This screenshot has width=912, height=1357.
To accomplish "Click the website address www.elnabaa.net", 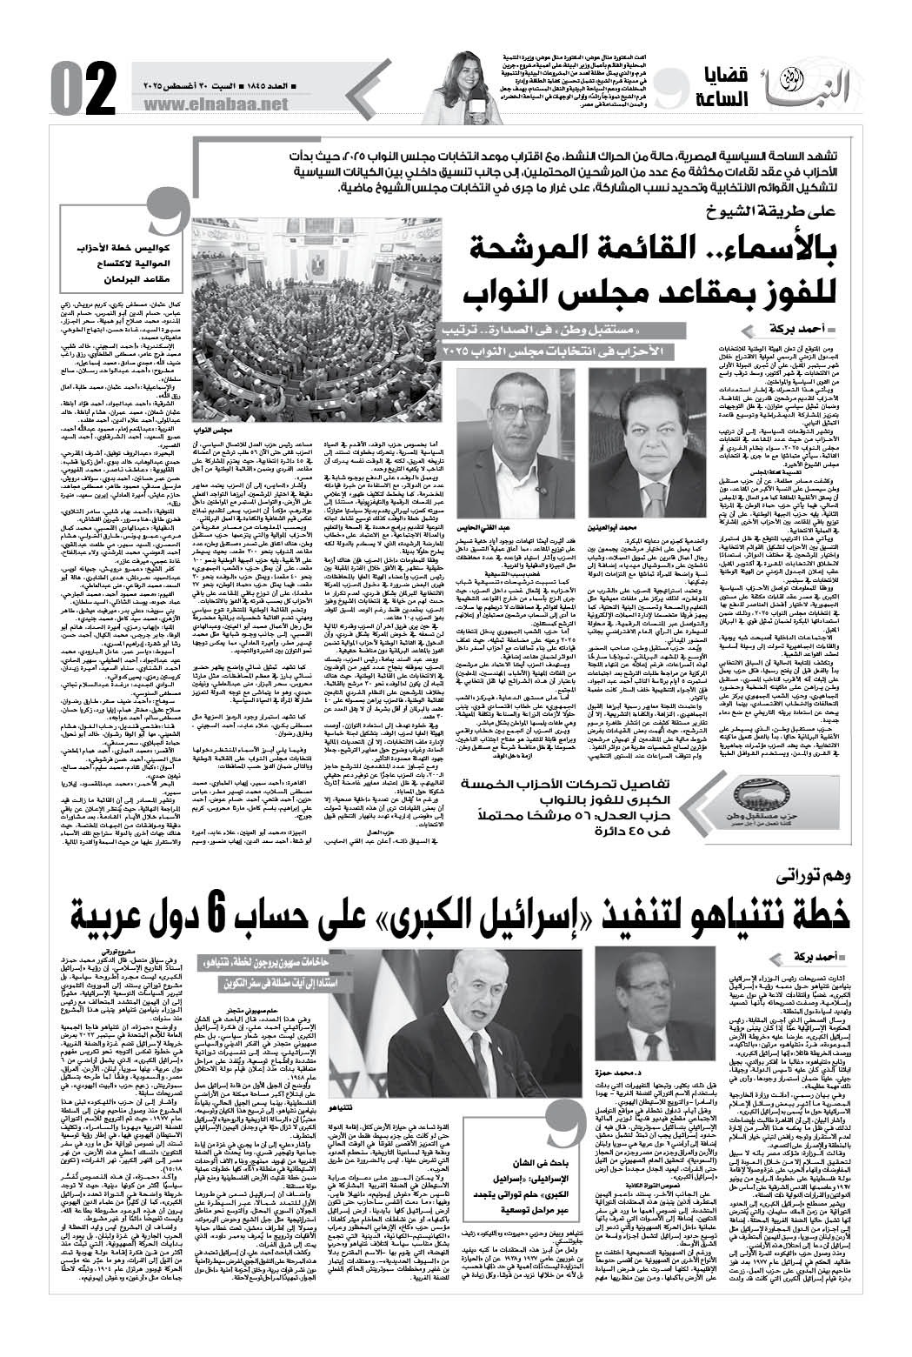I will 211,104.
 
